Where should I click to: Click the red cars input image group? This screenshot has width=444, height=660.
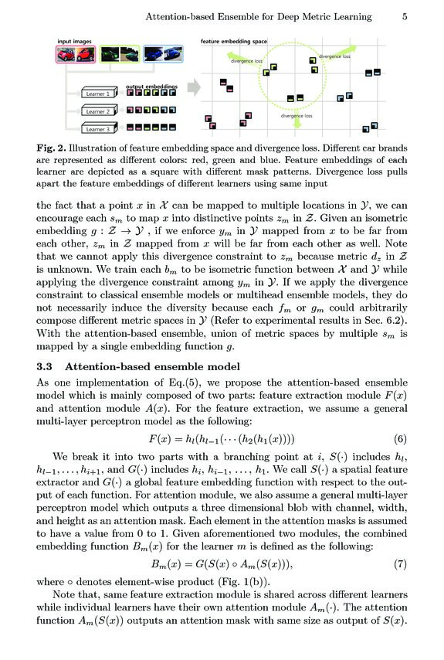(x=76, y=54)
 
